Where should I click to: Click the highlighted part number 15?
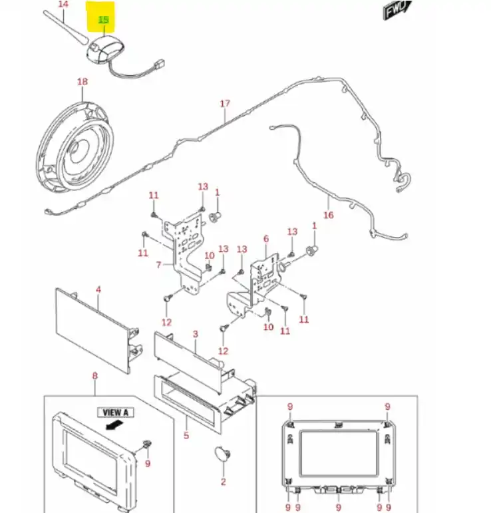(x=104, y=19)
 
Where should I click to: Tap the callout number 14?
(x=63, y=4)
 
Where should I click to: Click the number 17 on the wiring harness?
(x=225, y=103)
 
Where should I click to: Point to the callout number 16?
(x=328, y=215)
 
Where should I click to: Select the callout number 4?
(x=98, y=290)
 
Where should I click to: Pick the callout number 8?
(x=94, y=376)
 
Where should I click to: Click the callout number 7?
(x=159, y=264)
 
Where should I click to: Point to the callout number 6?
(x=266, y=239)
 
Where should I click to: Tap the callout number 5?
(x=186, y=436)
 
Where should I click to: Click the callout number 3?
(x=196, y=333)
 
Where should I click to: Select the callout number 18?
(x=82, y=82)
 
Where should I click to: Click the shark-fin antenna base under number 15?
(x=102, y=49)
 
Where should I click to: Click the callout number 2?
(x=224, y=482)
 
